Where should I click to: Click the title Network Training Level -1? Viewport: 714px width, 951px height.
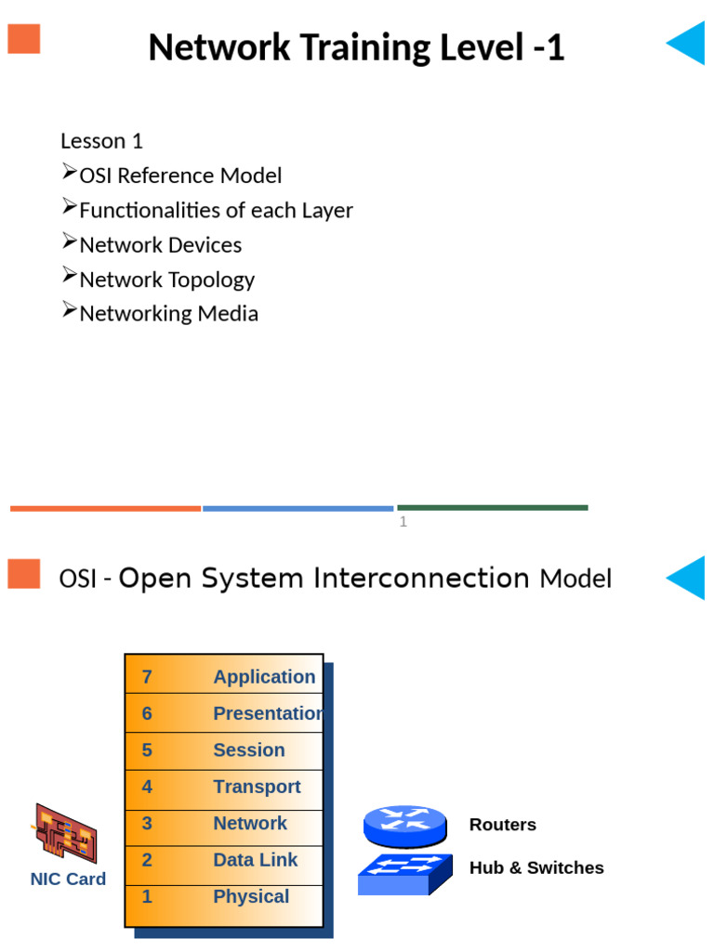click(356, 47)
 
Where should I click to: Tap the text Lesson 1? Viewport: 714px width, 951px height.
click(101, 141)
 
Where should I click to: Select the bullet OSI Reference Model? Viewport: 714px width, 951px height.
click(180, 176)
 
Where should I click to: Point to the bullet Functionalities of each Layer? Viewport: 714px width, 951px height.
click(216, 210)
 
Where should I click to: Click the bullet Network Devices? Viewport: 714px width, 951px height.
click(160, 245)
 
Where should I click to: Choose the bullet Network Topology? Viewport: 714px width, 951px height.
click(166, 280)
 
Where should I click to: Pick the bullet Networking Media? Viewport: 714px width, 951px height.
click(168, 314)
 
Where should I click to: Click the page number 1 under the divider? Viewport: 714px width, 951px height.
click(403, 522)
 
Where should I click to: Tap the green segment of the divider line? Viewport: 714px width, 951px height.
click(493, 507)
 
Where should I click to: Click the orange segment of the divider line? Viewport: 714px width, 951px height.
click(105, 508)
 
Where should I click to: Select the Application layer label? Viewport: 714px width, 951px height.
click(264, 677)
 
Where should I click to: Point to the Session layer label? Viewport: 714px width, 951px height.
click(248, 750)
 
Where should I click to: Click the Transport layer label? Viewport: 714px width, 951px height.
click(257, 787)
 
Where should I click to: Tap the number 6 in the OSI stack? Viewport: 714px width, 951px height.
click(147, 713)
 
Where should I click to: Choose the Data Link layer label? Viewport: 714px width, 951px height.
click(255, 860)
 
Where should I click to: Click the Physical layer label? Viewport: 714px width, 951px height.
click(251, 896)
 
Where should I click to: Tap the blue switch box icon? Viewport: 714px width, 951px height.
click(404, 874)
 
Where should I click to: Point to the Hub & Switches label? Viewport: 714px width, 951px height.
click(536, 867)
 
